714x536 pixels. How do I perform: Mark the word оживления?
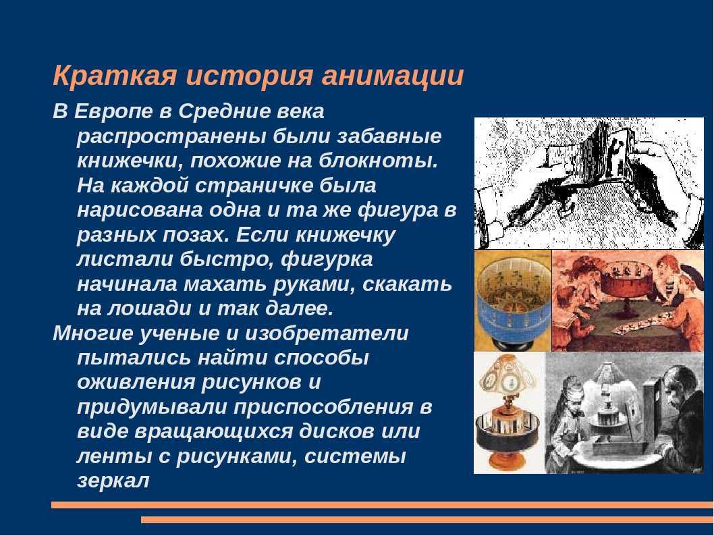pos(136,382)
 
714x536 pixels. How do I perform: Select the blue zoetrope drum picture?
pos(512,301)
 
